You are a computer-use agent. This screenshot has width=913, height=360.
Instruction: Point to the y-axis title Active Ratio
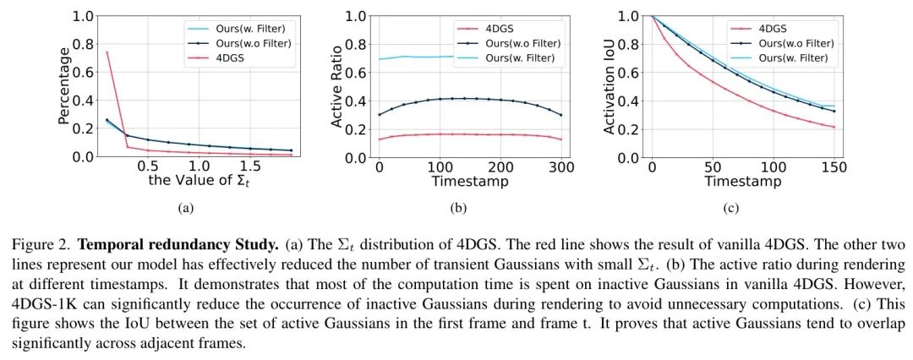[x=338, y=85]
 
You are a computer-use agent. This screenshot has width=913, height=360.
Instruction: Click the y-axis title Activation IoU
[x=610, y=85]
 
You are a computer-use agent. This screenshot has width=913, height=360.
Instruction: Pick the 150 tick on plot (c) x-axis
[x=834, y=167]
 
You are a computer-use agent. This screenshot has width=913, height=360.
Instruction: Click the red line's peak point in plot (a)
[x=107, y=52]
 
